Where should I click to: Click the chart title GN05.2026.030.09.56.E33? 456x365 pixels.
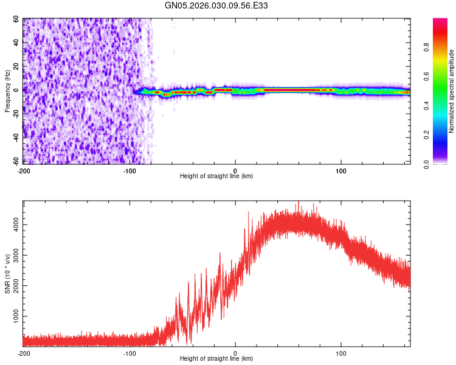[x=216, y=6]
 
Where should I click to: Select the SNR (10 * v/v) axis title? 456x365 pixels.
[x=7, y=274]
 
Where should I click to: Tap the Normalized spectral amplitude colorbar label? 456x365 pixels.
[x=451, y=91]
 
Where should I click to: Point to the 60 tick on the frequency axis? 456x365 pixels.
[x=16, y=19]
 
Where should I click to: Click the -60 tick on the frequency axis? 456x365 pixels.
[x=15, y=161]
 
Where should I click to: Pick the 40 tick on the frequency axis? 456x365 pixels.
[x=16, y=43]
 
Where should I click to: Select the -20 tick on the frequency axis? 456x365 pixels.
[x=15, y=114]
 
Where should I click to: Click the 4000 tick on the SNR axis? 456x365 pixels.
[x=13, y=225]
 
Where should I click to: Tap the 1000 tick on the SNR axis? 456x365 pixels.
[x=13, y=317]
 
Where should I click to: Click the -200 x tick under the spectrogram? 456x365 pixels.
[x=24, y=171]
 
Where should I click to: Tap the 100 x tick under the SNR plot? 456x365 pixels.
[x=341, y=353]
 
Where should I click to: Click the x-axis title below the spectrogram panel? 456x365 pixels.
[x=216, y=176]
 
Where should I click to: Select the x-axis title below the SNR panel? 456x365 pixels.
[x=216, y=359]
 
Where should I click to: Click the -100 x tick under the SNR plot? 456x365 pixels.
[x=130, y=353]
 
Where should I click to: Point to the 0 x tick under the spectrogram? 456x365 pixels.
[x=235, y=171]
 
